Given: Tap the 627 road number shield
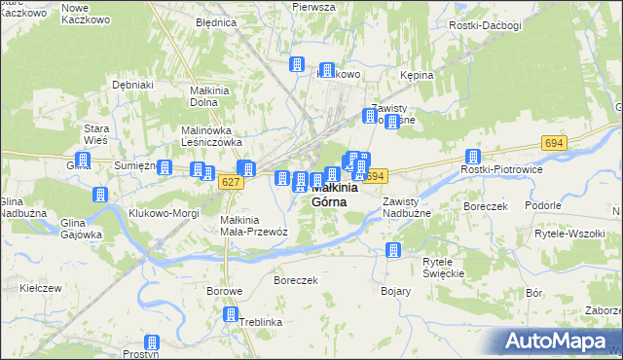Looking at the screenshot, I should (231, 182).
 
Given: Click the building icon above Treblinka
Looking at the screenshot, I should (231, 314).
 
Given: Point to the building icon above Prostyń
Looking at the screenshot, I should (152, 342).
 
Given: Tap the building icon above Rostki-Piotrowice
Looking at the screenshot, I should (473, 157).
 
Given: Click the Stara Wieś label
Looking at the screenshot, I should (95, 134).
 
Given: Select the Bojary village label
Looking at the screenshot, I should (396, 291).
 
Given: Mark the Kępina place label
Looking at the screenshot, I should (417, 74).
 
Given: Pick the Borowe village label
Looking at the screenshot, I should (224, 291).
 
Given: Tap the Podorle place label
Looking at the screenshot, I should (542, 205).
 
